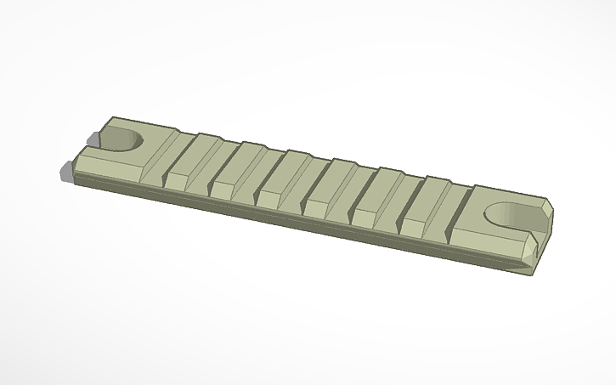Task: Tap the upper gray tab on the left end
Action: (93, 138)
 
